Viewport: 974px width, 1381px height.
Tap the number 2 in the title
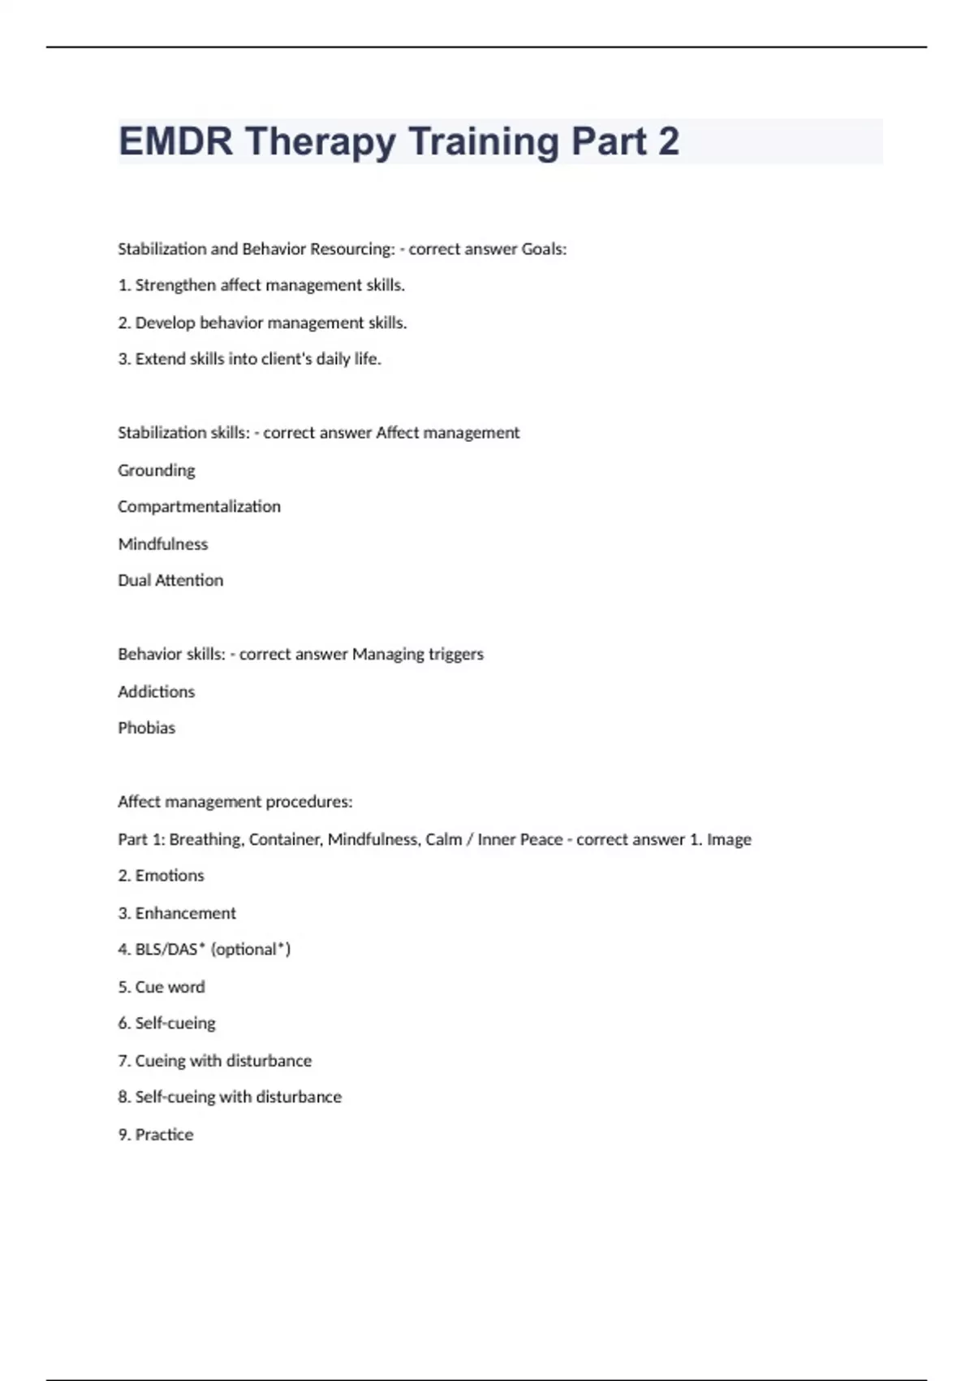coord(668,141)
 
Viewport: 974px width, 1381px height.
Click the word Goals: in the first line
coord(544,249)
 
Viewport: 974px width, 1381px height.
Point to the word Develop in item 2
coord(165,323)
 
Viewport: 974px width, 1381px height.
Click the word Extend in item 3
coord(160,358)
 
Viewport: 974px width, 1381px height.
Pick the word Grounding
coord(157,470)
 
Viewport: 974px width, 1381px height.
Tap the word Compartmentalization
coord(199,506)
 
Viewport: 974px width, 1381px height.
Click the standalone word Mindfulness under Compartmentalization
coord(163,543)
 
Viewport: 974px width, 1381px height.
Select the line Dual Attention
coord(170,580)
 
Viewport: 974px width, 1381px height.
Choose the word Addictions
coord(157,691)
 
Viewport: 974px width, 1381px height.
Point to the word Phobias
coord(147,728)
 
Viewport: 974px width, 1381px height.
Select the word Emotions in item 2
coord(170,876)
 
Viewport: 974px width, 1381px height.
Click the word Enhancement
coord(186,913)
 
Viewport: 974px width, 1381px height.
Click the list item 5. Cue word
coord(162,987)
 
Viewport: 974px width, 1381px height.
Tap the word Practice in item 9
coord(164,1135)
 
